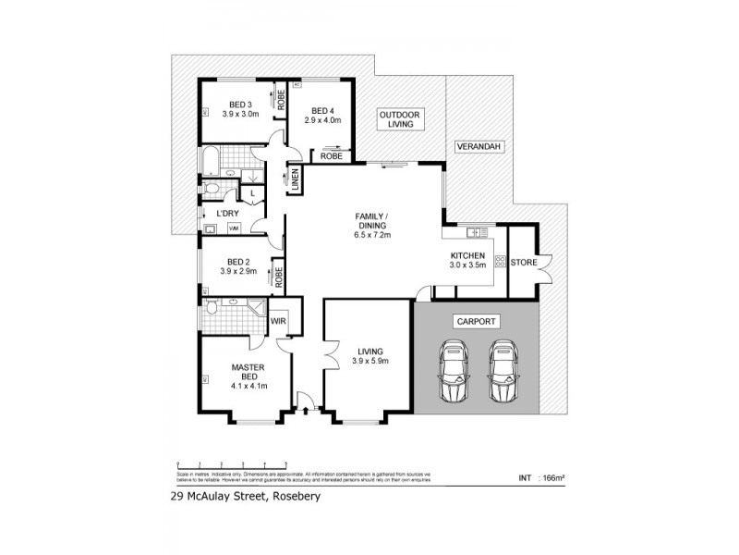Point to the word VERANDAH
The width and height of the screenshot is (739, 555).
(x=478, y=147)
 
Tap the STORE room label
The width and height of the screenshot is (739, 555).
(x=524, y=262)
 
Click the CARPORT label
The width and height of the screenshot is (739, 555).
(x=476, y=322)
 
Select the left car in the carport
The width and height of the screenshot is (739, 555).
(x=454, y=373)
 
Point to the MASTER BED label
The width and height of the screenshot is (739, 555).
(x=248, y=374)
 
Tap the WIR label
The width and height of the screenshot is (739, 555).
(x=278, y=321)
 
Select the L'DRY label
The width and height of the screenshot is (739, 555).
(x=227, y=214)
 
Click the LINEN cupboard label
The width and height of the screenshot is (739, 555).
(x=295, y=180)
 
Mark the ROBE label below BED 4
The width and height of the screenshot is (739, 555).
(x=332, y=156)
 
